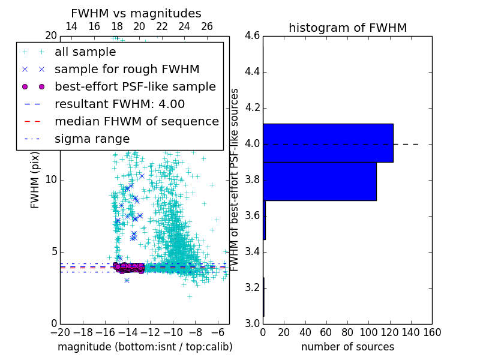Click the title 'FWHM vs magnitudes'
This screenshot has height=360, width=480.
[x=136, y=13]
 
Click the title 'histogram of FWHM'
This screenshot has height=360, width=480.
[x=347, y=28]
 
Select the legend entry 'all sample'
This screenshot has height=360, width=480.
[x=85, y=52]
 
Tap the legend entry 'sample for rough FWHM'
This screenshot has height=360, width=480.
[x=127, y=70]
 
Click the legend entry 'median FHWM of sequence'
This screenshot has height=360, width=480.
[x=136, y=122]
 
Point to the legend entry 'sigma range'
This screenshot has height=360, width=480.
[x=92, y=139]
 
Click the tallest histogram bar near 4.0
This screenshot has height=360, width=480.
[x=328, y=143]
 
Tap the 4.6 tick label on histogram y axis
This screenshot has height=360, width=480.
[x=253, y=36]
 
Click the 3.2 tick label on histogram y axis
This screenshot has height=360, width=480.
[x=253, y=287]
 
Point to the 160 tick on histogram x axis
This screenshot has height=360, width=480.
[x=431, y=332]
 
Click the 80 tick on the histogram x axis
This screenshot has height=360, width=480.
[x=347, y=332]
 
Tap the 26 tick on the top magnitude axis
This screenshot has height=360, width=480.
[x=207, y=27]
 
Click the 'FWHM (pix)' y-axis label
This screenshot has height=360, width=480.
[x=35, y=180]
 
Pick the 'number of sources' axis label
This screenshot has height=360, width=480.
[x=347, y=347]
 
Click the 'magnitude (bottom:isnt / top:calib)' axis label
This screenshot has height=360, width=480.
[x=145, y=347]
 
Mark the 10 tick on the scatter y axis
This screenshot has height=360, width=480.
[x=50, y=180]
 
